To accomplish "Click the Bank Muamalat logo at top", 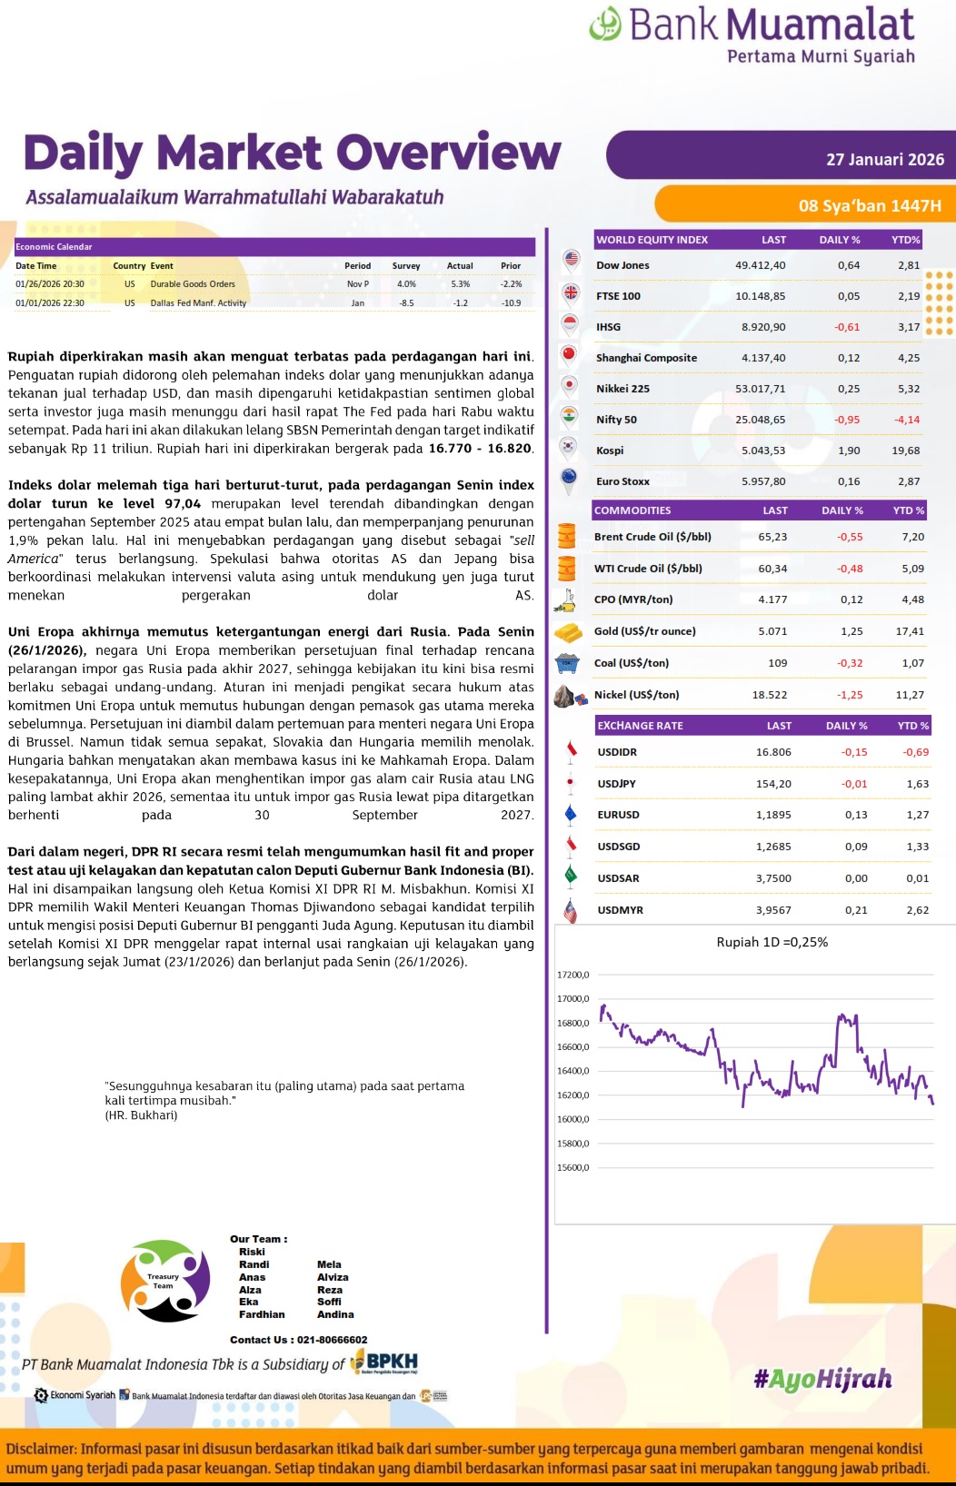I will [x=752, y=35].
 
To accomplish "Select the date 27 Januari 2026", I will [x=884, y=160].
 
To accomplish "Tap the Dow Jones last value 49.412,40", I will [x=760, y=265].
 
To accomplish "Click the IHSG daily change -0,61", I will [x=847, y=327].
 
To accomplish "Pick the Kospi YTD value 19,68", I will [x=905, y=451].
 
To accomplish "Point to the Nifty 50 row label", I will [x=616, y=420].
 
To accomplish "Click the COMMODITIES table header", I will [x=632, y=510].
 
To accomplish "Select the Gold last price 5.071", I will [x=772, y=631].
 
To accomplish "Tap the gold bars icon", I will [x=569, y=631].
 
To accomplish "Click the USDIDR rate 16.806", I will [x=773, y=752].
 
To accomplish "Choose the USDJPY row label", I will [x=616, y=784].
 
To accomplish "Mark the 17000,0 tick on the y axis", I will [x=573, y=999].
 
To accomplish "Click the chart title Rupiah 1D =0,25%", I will [x=772, y=942].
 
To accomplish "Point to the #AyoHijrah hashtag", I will [x=822, y=1379].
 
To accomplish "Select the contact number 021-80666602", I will [x=332, y=1340].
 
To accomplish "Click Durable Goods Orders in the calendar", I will [x=193, y=284].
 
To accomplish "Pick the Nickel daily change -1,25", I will [x=850, y=695].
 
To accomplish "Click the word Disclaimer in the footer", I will [x=41, y=1449].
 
